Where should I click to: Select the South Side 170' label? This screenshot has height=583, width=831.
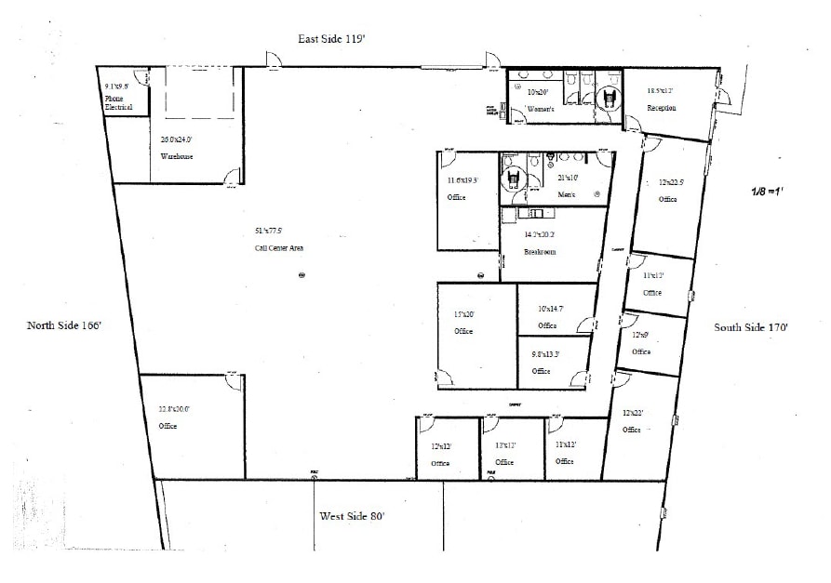[751, 327]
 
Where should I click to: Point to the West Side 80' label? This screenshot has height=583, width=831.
[353, 516]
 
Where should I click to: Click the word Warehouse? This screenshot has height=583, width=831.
[176, 157]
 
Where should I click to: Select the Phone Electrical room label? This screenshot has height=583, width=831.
[118, 102]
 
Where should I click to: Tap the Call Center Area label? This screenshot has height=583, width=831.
[279, 248]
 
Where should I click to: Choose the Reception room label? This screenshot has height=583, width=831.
[662, 108]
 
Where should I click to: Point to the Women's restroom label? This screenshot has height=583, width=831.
[541, 110]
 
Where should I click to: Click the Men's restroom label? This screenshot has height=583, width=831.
[567, 194]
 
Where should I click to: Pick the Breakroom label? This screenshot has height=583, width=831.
[540, 252]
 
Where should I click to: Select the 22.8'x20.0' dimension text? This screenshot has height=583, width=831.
[174, 408]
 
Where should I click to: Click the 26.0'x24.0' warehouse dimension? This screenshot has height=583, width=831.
[176, 139]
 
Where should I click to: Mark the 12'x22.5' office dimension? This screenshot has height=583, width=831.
[671, 182]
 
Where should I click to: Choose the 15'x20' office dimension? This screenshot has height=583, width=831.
[463, 314]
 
